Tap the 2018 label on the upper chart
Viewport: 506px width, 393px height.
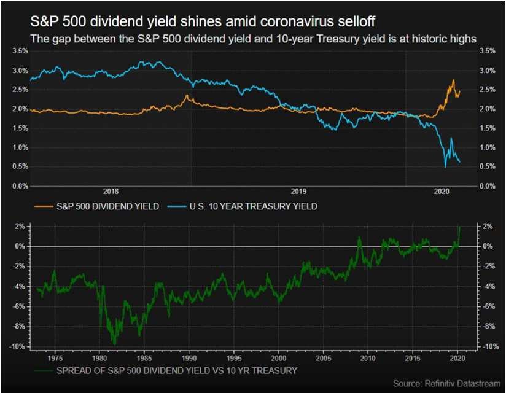111,192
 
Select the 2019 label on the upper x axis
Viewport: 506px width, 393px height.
298,192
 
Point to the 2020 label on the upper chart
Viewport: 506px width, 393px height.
442,192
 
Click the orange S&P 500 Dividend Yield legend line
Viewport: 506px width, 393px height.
44,206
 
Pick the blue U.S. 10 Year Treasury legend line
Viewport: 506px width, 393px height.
177,206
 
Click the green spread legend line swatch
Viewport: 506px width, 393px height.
44,371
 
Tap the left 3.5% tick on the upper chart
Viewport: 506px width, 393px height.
20,51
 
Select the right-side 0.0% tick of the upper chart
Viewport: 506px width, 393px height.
488,186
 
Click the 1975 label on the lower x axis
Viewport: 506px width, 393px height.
55,358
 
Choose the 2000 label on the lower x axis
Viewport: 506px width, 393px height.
279,358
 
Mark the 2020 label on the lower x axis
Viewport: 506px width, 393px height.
457,358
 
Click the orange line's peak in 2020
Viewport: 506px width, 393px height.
454,79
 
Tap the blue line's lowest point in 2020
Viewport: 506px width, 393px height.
446,167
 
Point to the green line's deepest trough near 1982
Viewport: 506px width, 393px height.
115,344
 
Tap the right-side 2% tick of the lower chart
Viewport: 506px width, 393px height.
488,227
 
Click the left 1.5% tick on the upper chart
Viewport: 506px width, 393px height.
20,128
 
